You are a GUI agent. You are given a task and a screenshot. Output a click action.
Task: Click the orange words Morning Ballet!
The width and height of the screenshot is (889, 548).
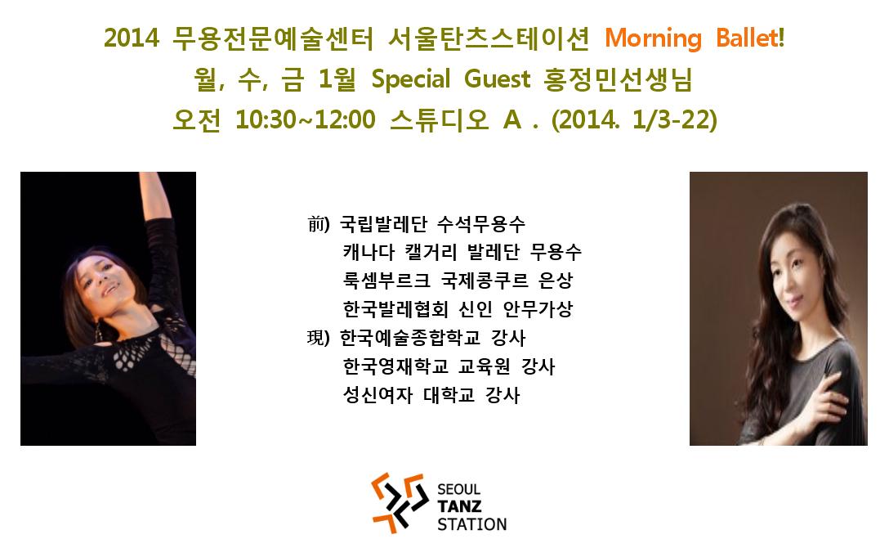[x=695, y=38]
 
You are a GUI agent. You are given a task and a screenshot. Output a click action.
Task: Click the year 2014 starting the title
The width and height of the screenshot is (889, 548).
[x=132, y=38]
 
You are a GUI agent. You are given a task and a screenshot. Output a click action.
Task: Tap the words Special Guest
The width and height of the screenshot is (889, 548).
[x=451, y=79]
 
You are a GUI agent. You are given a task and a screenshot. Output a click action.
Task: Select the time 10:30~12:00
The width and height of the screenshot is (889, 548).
[x=306, y=119]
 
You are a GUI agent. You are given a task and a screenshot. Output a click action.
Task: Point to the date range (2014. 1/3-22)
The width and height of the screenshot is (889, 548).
[x=634, y=119]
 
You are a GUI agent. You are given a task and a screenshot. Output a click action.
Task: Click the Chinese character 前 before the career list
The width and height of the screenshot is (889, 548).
[x=316, y=224]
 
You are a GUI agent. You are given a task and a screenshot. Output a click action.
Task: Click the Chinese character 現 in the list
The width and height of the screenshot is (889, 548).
[x=315, y=338]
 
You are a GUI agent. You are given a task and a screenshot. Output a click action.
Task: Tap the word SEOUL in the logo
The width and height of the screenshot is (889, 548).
[x=458, y=489]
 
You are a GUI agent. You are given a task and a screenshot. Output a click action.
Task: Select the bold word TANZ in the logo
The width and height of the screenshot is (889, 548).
[x=459, y=506]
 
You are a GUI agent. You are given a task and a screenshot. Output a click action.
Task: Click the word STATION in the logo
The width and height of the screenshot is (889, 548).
[x=471, y=523]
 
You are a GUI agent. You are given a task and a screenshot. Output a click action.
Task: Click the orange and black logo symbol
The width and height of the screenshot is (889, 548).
[x=400, y=503]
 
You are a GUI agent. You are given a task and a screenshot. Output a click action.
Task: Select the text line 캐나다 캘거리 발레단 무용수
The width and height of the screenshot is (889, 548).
[x=462, y=252]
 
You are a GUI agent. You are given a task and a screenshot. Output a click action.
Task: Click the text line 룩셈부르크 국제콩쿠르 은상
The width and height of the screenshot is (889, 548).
[x=458, y=281]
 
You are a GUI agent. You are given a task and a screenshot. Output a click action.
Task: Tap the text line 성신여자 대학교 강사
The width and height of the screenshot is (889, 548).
[x=431, y=394]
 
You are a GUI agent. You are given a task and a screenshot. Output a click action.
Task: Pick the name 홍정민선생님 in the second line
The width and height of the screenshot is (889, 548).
[x=618, y=79]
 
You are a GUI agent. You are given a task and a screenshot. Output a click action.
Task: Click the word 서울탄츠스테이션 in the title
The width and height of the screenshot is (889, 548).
[x=489, y=38]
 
